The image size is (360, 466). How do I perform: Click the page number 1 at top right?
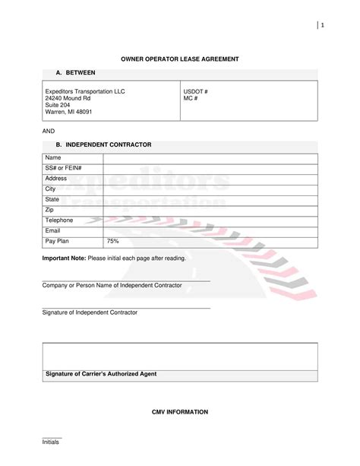tap(323, 27)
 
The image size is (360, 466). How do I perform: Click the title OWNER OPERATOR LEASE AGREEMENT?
tap(180, 59)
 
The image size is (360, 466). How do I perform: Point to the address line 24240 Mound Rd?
tap(68, 98)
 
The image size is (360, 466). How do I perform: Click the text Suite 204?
tap(60, 105)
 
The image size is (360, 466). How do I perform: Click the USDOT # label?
tap(196, 91)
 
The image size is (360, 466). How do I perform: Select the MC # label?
tap(191, 98)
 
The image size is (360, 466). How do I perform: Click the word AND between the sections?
tap(49, 131)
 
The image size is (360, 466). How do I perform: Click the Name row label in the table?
tap(54, 157)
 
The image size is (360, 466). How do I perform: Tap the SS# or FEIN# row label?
tap(64, 167)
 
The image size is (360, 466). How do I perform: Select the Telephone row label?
tap(59, 220)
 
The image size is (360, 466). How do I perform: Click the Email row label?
tap(53, 230)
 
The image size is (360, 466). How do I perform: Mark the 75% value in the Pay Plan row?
tap(112, 240)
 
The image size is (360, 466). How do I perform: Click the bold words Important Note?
tap(64, 258)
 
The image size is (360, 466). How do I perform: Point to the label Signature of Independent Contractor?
tap(90, 312)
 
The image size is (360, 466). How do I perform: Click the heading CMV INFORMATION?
tap(180, 411)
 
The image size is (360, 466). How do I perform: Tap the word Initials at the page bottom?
tap(51, 442)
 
